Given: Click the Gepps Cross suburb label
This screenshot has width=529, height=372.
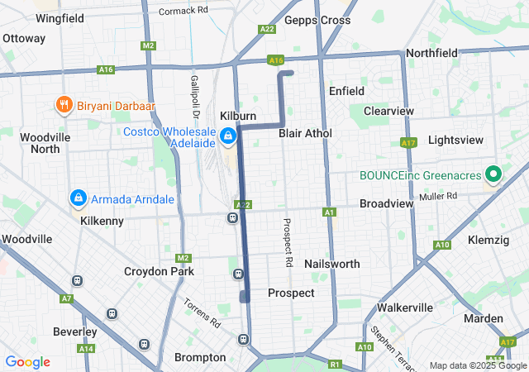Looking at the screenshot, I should click(317, 20).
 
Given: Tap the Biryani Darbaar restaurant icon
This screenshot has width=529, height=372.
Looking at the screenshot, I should click(64, 105).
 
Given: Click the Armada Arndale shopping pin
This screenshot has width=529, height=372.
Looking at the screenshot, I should click(78, 198).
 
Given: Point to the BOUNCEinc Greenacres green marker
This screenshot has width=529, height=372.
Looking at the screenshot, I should click(494, 174).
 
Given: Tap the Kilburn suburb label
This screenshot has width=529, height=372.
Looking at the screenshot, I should click(238, 116).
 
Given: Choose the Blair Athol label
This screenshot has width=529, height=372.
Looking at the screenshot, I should click(305, 133).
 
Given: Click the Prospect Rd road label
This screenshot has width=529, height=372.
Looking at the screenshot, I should click(288, 242).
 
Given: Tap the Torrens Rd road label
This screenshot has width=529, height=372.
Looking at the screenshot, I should click(202, 311).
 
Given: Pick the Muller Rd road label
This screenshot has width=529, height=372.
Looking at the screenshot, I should click(440, 196).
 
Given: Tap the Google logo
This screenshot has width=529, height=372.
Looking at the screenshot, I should click(27, 362).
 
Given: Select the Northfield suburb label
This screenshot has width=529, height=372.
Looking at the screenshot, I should click(431, 53).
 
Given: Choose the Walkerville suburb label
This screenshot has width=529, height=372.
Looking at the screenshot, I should click(405, 308).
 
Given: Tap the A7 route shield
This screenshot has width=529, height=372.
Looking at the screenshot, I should click(66, 298).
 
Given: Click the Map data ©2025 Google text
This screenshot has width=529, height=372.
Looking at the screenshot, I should click(476, 365).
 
